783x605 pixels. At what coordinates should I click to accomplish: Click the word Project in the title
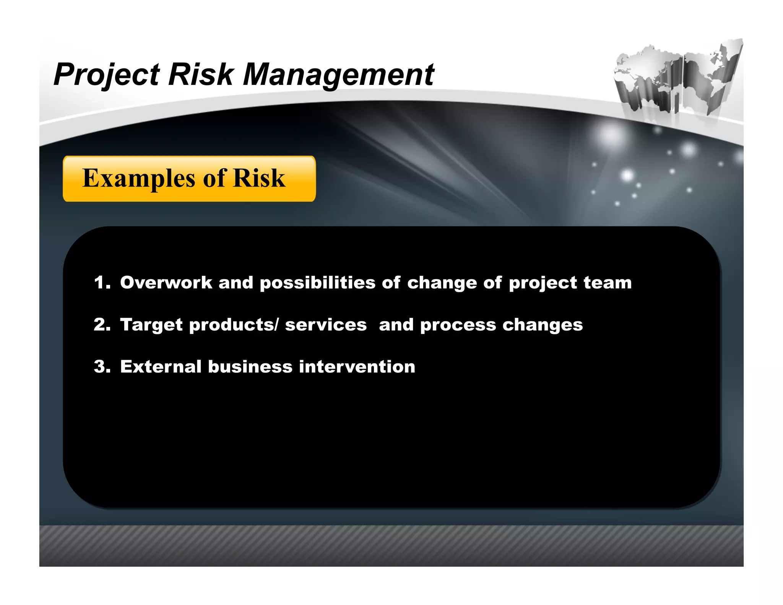(x=106, y=75)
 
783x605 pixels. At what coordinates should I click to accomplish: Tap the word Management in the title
(x=338, y=75)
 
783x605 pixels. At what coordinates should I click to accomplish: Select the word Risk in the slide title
(x=201, y=75)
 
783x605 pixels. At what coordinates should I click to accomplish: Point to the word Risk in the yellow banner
(x=259, y=179)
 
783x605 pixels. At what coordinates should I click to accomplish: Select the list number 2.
(x=101, y=325)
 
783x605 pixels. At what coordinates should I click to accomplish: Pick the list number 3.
(x=101, y=367)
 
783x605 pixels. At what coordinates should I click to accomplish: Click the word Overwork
(x=166, y=283)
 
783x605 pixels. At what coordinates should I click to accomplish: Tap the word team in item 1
(x=608, y=283)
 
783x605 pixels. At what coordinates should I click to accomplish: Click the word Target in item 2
(x=151, y=325)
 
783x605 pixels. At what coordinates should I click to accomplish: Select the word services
(x=326, y=325)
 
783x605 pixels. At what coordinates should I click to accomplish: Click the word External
(x=161, y=367)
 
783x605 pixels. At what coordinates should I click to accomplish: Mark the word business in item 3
(x=250, y=367)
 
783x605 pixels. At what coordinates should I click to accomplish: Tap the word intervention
(x=357, y=367)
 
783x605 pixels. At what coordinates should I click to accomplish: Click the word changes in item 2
(x=543, y=325)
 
